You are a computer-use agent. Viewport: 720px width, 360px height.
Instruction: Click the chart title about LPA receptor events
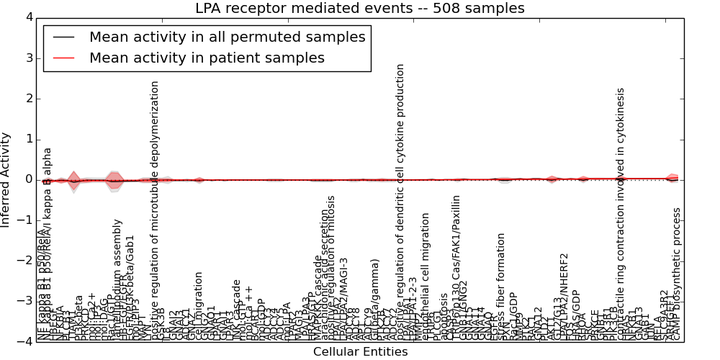tap(360, 9)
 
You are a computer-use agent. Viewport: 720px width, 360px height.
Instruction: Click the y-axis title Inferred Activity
tap(6, 179)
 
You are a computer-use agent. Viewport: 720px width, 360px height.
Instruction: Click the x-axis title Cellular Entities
tap(360, 352)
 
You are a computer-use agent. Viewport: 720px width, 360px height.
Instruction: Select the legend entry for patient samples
tap(207, 58)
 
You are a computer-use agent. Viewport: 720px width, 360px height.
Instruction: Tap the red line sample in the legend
tap(63, 58)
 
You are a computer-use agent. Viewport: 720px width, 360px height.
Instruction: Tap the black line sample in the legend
tap(63, 37)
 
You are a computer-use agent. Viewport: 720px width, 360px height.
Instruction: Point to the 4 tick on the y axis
tap(28, 17)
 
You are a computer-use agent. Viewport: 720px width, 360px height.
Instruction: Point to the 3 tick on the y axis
tap(28, 58)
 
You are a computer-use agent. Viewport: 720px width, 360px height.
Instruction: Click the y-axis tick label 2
tap(28, 99)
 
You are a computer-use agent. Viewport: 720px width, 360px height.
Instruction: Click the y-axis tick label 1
tap(28, 139)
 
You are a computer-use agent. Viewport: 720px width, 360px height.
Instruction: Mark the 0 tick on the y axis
tap(28, 179)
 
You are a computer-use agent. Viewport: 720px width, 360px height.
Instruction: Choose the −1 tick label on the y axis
tap(25, 220)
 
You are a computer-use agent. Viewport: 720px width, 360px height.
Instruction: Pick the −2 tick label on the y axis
tap(25, 261)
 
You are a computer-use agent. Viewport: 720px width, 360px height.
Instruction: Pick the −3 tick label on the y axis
tap(25, 301)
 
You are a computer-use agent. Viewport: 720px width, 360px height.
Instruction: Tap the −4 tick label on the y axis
tap(25, 341)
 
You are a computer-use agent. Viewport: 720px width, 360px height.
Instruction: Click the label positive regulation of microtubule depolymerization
tap(155, 209)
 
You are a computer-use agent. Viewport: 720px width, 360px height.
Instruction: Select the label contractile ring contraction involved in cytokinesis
tap(621, 212)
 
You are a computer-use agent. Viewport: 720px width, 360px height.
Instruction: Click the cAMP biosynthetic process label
tap(677, 274)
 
